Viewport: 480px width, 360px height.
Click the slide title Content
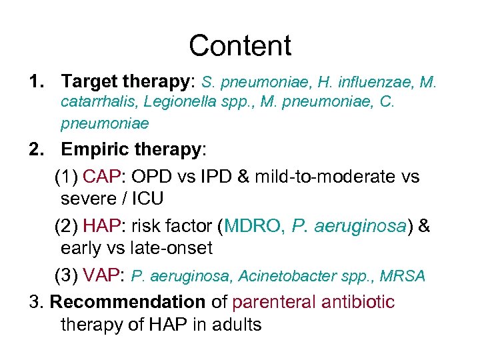pyautogui.click(x=240, y=46)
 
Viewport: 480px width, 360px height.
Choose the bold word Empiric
pyautogui.click(x=94, y=149)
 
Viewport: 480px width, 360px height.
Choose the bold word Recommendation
pyautogui.click(x=128, y=302)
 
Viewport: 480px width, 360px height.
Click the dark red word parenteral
pyautogui.click(x=273, y=302)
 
